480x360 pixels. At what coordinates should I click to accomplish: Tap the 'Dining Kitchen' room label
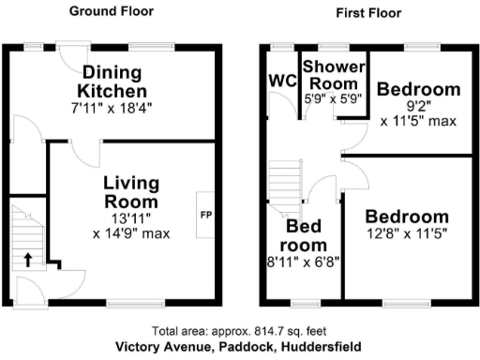113,82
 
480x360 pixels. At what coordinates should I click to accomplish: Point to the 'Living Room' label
131,189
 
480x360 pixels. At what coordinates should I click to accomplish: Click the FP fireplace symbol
205,215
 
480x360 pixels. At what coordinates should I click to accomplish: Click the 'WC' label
280,79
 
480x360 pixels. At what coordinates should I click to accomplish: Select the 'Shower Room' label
332,74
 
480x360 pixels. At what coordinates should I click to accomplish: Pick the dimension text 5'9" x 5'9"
332,97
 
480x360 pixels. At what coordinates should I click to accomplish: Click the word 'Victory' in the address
140,346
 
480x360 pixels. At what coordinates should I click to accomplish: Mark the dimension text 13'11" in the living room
130,217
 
